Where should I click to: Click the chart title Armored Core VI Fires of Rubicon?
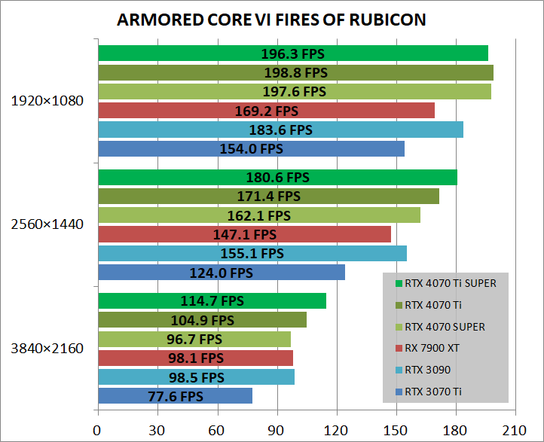tap(272, 20)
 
